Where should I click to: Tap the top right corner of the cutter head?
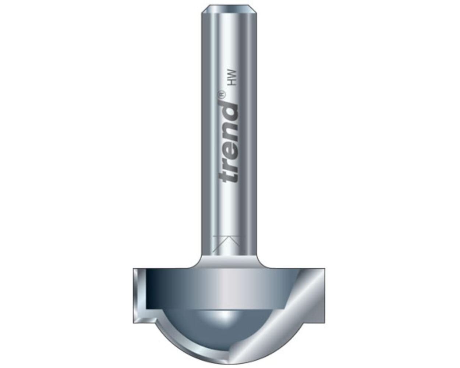pyautogui.click(x=324, y=270)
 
